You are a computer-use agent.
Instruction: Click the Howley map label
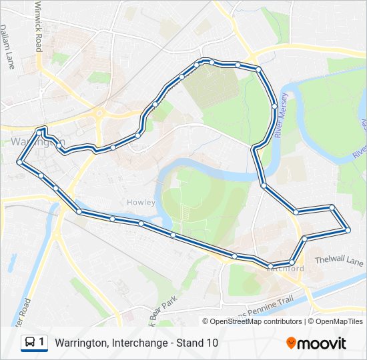(x=141, y=202)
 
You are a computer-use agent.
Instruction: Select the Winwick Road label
(x=38, y=27)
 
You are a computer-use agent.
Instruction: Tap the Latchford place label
(x=285, y=269)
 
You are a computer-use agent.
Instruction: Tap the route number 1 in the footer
(x=42, y=343)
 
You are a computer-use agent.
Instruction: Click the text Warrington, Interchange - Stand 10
(x=136, y=343)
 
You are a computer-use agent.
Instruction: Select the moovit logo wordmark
(x=322, y=343)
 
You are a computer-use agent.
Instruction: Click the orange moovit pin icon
(x=292, y=343)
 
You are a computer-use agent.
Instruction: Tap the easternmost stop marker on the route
(x=348, y=230)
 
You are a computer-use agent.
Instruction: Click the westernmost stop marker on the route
(x=20, y=162)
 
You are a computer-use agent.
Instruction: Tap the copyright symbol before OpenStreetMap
(x=206, y=321)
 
